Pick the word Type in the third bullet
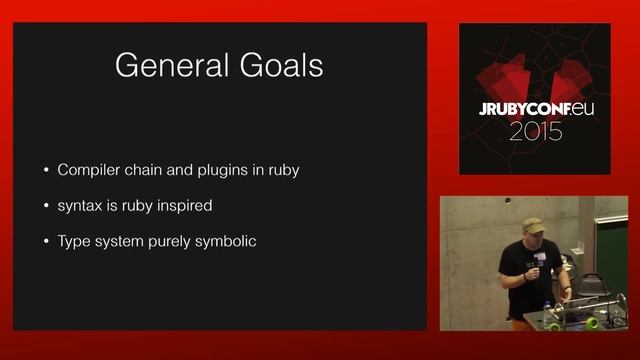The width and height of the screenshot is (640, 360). click(x=75, y=241)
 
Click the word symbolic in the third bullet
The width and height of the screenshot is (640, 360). click(x=224, y=241)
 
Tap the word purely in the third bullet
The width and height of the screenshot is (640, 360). click(x=166, y=241)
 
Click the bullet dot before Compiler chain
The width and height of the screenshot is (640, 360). click(x=45, y=171)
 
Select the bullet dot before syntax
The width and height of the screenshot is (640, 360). click(x=45, y=207)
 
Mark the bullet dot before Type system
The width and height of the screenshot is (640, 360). click(x=45, y=242)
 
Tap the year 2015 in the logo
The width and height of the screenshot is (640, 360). click(x=535, y=131)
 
